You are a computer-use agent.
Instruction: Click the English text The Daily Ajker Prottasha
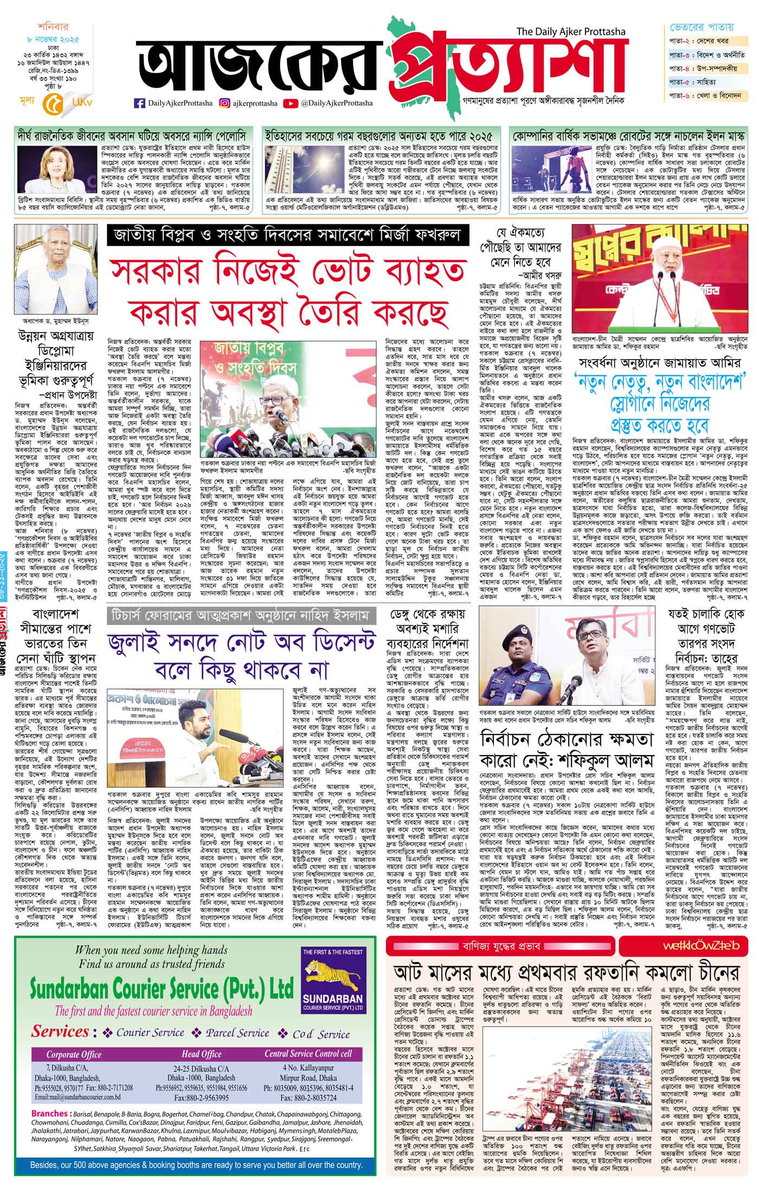tap(571, 33)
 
